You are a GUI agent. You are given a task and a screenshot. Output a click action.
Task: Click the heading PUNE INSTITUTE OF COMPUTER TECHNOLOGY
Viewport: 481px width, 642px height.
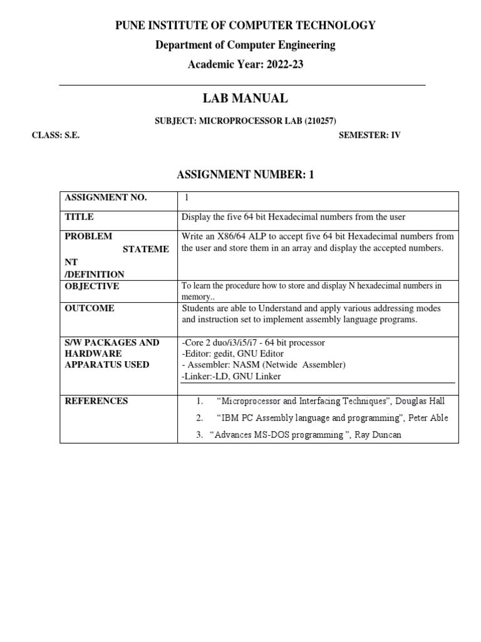(244, 26)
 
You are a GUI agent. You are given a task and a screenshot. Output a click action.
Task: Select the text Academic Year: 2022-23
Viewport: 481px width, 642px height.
(244, 65)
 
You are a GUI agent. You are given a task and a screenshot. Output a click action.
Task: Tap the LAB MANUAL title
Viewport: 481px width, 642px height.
(244, 98)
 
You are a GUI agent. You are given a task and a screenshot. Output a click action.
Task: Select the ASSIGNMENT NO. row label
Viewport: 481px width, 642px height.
(106, 198)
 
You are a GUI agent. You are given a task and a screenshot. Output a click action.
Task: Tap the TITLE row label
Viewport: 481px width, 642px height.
(80, 217)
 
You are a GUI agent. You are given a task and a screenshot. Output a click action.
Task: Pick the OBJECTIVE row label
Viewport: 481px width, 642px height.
(92, 287)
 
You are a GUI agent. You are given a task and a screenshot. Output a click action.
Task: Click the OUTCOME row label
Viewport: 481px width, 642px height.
(90, 308)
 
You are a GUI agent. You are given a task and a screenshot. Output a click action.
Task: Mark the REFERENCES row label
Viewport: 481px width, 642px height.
(96, 401)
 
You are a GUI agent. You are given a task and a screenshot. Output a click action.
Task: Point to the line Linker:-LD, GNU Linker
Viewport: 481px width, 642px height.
(230, 376)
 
